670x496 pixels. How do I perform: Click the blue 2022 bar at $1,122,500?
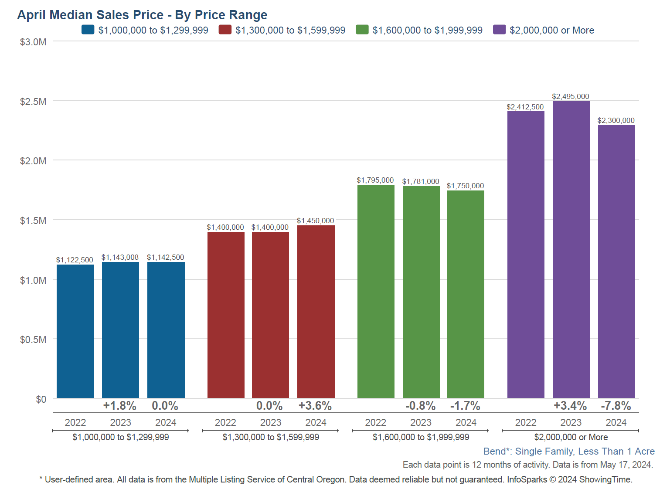point(75,331)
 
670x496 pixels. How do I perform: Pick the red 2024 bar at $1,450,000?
point(316,311)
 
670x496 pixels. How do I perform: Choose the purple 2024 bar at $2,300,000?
point(616,262)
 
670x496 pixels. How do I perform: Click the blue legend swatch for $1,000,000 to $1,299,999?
point(88,30)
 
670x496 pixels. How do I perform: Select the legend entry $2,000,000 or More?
point(551,30)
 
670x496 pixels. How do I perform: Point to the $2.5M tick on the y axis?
point(33,102)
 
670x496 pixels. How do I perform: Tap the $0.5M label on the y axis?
point(33,340)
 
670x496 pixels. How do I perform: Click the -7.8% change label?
point(616,406)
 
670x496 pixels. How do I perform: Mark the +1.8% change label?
point(120,406)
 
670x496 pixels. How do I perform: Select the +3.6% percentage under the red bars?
point(315,406)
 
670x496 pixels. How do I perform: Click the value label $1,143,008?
point(120,257)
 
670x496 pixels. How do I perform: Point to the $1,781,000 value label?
point(421,181)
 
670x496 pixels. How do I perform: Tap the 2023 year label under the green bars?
point(421,422)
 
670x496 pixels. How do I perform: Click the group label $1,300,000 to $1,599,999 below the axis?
point(271,437)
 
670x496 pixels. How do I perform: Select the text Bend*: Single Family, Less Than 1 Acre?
point(569,451)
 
